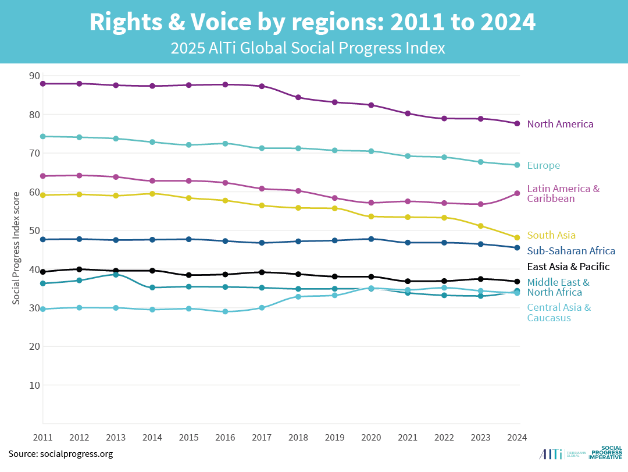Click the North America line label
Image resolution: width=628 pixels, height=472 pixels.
point(560,124)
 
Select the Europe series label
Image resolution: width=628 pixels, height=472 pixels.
point(543,165)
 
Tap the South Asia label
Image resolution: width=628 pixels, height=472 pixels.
point(551,235)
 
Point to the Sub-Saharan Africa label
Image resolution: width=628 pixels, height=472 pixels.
point(571,251)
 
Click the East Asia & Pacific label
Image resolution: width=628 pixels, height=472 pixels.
point(568,267)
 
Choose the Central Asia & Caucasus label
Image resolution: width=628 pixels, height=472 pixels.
point(558,313)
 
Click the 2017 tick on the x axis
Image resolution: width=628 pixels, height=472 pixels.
point(262,437)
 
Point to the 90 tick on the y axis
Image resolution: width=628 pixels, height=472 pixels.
point(34,76)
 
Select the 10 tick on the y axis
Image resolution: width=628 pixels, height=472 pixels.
point(34,385)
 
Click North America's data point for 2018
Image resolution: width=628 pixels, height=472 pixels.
point(298,97)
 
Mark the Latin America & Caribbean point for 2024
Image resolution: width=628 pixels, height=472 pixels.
point(516,193)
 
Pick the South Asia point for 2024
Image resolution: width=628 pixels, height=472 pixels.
point(516,237)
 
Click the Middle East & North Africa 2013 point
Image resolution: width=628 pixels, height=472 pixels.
point(116,274)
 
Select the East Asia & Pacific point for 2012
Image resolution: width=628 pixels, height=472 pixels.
point(79,269)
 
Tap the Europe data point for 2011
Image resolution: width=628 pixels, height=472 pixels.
point(43,136)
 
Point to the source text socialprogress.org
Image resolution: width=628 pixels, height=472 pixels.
point(60,453)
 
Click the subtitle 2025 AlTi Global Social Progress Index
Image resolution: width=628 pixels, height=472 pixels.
point(308,48)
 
